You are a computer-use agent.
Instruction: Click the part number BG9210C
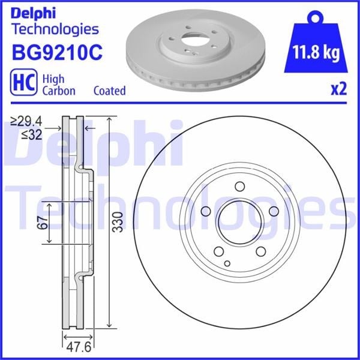coord(57,53)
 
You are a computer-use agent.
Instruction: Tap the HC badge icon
coord(23,82)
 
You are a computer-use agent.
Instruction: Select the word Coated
coord(110,91)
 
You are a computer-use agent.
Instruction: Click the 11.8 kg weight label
coord(316,53)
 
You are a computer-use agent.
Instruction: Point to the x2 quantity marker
coord(338,89)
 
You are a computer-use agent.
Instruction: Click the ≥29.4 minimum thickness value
coord(26,121)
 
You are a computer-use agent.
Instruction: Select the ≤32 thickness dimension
coord(32,135)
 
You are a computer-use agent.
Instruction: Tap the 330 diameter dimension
coord(118,221)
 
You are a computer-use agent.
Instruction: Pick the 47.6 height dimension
coord(79,347)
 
